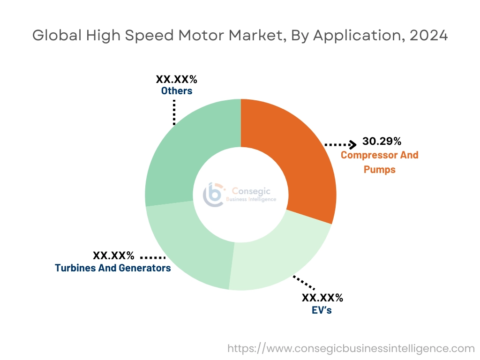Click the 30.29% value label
382,141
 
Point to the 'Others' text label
177,91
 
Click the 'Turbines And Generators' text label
112,268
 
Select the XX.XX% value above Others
177,79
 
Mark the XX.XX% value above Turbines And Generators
113,256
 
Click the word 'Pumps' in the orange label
379,169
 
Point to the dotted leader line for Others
174,112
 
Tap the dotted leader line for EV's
304,283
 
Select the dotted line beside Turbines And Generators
153,258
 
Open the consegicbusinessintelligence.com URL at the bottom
351,348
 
